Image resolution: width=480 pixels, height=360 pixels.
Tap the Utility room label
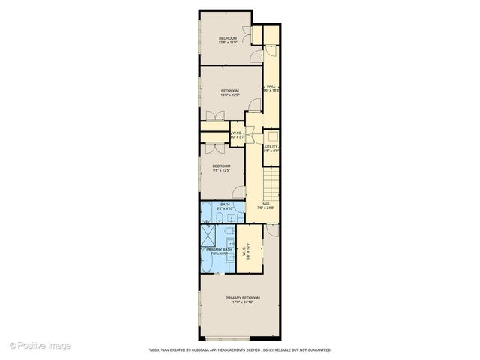(x=271, y=146)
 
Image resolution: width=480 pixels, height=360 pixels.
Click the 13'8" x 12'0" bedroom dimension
(x=229, y=95)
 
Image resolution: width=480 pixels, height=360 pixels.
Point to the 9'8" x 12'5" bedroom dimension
(x=220, y=171)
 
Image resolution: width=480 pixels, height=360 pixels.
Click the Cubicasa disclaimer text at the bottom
(x=239, y=350)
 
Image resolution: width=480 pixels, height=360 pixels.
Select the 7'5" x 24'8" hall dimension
(x=266, y=208)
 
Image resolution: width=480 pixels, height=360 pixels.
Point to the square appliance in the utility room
(x=274, y=138)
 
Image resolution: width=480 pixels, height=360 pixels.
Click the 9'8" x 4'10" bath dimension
(x=225, y=208)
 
